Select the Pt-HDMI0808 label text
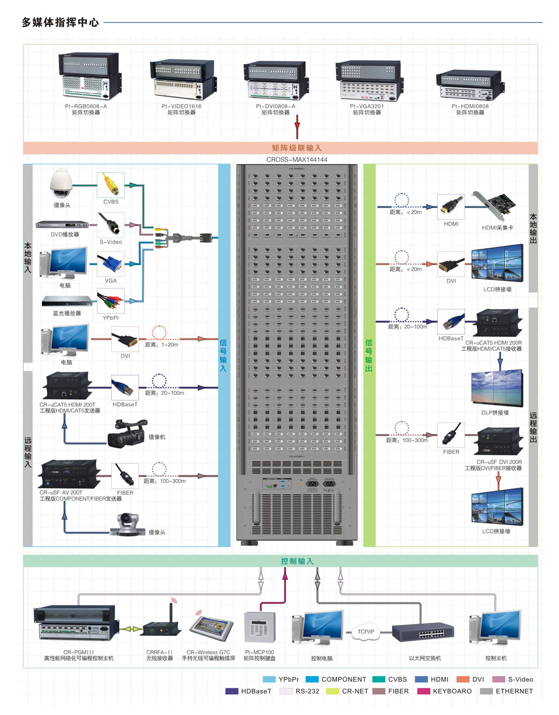[470, 107]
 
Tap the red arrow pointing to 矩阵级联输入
[297, 125]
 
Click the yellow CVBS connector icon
[110, 185]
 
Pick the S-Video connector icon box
[110, 224]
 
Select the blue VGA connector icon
[111, 264]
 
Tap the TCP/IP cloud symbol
[366, 632]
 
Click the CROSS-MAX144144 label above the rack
[296, 159]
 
